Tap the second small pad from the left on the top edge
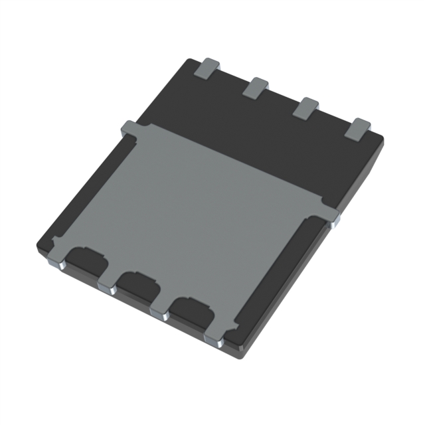point(255,87)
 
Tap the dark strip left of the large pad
point(80,199)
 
